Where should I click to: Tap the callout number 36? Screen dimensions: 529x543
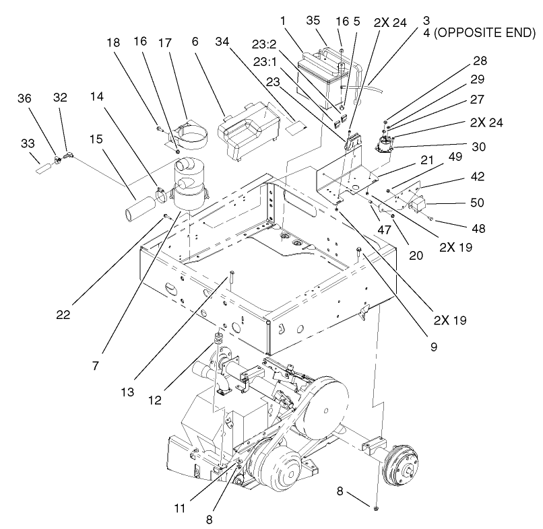(24, 98)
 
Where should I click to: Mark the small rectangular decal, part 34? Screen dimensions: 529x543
(294, 125)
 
